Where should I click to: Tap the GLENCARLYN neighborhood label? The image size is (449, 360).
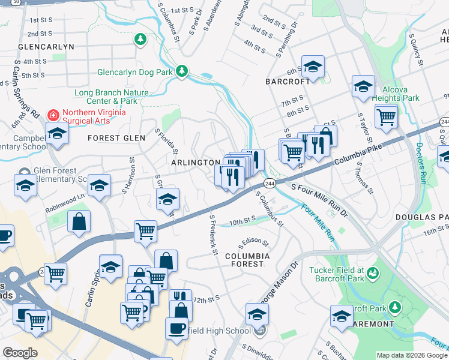[46, 46]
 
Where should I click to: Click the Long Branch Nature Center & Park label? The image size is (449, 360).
[111, 97]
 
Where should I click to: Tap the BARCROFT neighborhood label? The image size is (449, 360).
[288, 81]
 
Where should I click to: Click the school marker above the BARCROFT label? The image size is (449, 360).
[313, 67]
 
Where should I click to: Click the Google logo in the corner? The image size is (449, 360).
[20, 353]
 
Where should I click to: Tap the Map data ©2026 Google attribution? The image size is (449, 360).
[411, 355]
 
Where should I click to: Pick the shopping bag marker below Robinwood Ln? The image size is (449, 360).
[79, 221]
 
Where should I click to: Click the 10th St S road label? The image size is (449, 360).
[244, 222]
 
